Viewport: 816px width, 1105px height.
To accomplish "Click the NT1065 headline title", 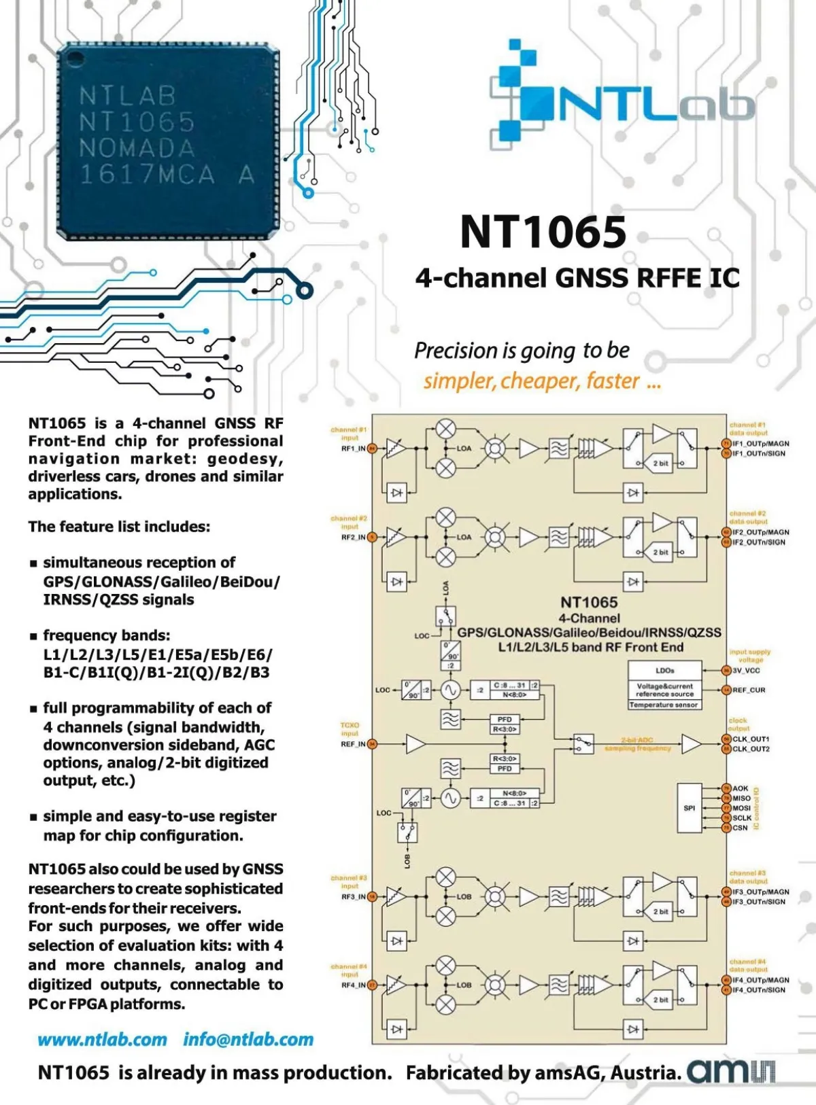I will [543, 232].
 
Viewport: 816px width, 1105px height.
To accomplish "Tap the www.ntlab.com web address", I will [102, 1040].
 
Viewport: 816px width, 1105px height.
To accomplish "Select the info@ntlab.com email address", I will [248, 1040].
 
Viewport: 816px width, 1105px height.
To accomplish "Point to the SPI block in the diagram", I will [690, 808].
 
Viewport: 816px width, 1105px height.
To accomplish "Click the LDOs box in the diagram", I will [664, 671].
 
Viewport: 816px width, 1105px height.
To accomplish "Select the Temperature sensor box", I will [664, 705].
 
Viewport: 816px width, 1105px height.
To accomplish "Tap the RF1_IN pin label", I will [353, 449].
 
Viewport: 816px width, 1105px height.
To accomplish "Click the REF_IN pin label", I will [353, 744].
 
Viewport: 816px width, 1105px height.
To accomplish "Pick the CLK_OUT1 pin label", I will [751, 739].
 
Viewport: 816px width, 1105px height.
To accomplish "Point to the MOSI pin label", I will [741, 809].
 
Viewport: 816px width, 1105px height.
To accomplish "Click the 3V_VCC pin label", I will [746, 671].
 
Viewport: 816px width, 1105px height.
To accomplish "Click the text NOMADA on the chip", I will [137, 148].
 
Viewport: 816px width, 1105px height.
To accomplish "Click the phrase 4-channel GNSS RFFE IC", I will [577, 278].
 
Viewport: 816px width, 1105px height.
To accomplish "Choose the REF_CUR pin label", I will [749, 690].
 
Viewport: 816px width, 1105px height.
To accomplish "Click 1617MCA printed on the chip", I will [147, 175].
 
